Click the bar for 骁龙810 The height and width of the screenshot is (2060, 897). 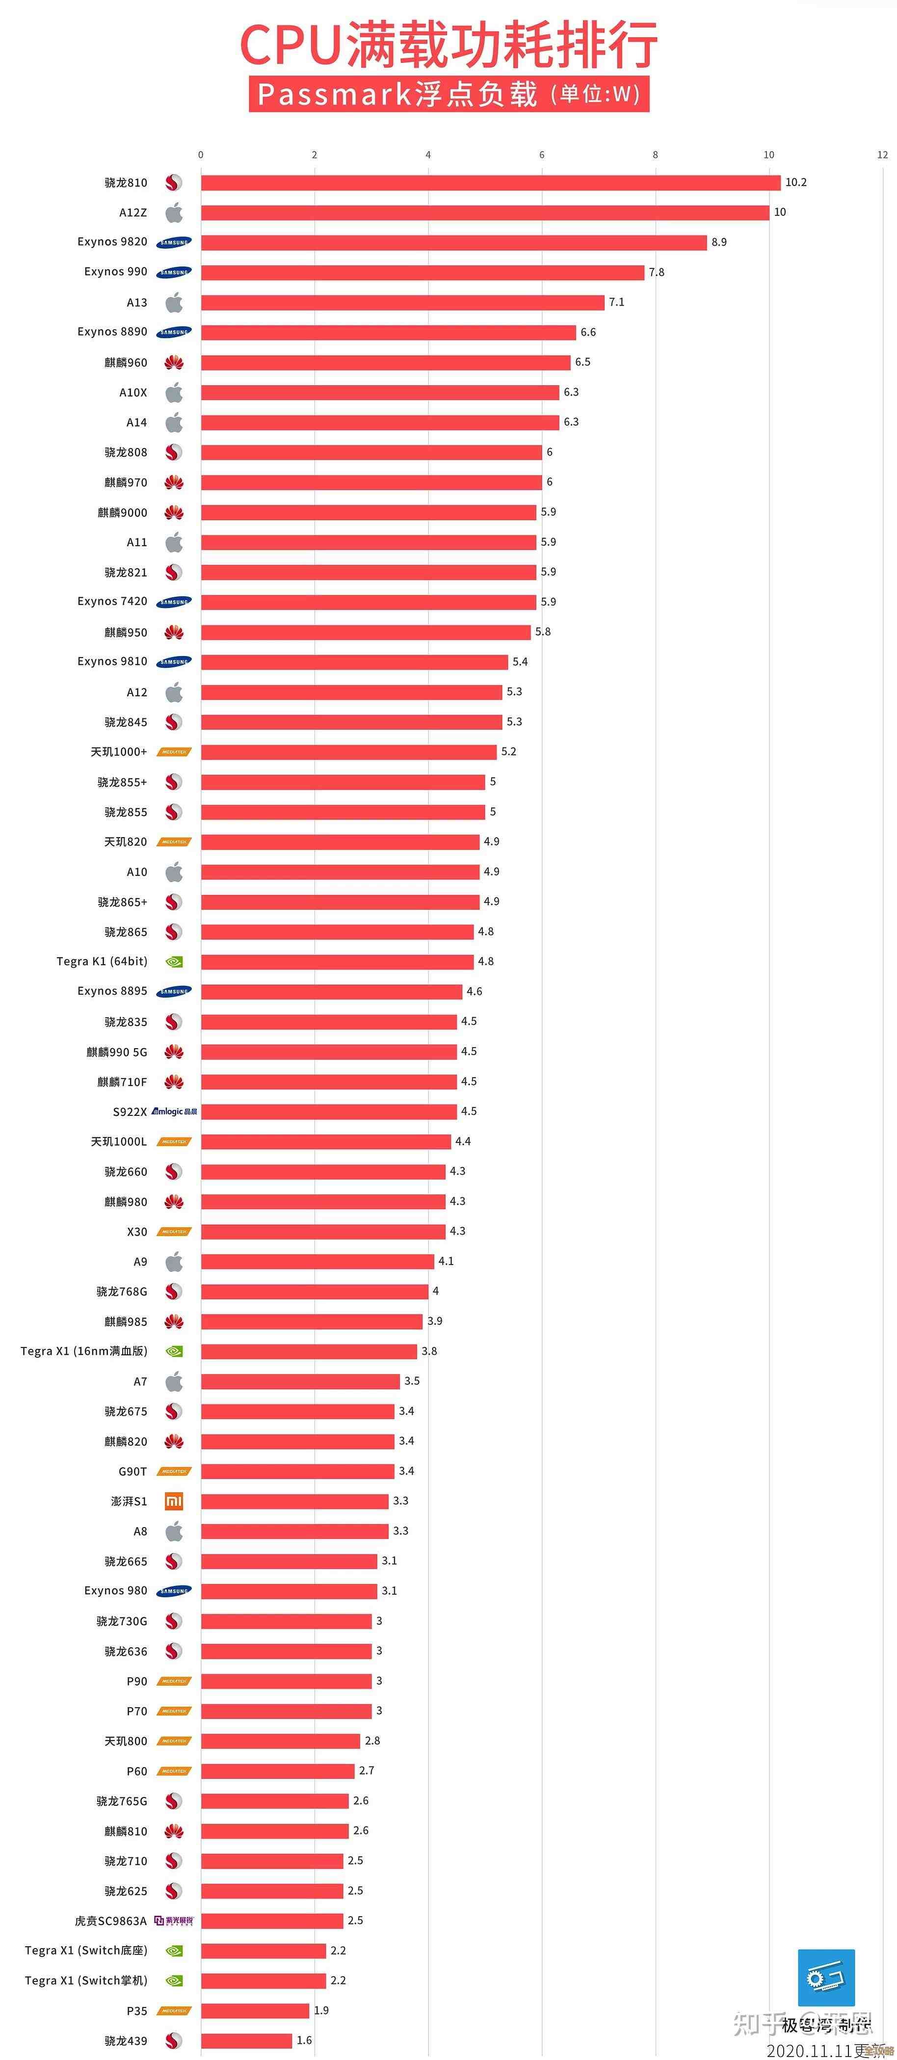click(x=490, y=183)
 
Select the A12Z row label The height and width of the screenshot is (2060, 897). click(x=132, y=212)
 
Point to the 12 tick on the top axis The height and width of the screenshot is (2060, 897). click(x=882, y=155)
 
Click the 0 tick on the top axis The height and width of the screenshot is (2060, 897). click(x=201, y=155)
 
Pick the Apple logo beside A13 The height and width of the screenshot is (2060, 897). click(x=174, y=302)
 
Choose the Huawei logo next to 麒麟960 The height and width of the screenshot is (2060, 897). click(x=174, y=362)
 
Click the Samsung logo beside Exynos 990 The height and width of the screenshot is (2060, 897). click(x=174, y=272)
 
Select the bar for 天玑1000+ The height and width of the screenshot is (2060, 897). click(x=348, y=752)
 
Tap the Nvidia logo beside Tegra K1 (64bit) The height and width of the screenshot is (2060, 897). click(x=174, y=962)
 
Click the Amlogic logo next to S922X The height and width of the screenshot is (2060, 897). click(x=174, y=1111)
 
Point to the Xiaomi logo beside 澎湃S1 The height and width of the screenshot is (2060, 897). click(x=174, y=1501)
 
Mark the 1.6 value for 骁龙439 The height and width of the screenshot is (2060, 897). click(x=304, y=2040)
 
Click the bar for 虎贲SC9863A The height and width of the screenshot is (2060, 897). click(x=272, y=1920)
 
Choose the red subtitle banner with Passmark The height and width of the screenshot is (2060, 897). click(x=448, y=94)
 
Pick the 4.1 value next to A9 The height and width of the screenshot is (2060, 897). click(x=445, y=1261)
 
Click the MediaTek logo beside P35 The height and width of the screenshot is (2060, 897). click(x=174, y=2010)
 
